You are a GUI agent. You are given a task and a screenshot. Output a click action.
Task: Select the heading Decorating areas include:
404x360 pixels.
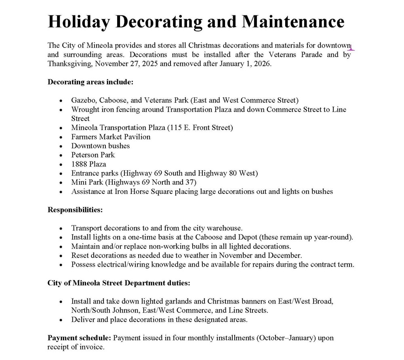click(90, 82)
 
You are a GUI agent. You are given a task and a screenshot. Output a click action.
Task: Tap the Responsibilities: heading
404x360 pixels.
click(75, 210)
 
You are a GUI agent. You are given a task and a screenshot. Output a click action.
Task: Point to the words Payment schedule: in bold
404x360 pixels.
click(80, 338)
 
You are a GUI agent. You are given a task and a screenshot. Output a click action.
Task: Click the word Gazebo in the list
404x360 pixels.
click(84, 100)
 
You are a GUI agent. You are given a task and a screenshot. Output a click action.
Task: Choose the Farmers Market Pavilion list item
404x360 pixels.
click(111, 137)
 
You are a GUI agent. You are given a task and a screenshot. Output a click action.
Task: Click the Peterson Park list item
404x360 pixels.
click(93, 155)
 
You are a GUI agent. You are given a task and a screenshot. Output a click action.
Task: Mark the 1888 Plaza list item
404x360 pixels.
click(88, 164)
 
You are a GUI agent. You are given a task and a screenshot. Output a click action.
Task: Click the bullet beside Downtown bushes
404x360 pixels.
click(61, 146)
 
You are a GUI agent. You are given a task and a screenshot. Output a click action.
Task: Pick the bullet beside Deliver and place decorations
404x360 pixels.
click(61, 320)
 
